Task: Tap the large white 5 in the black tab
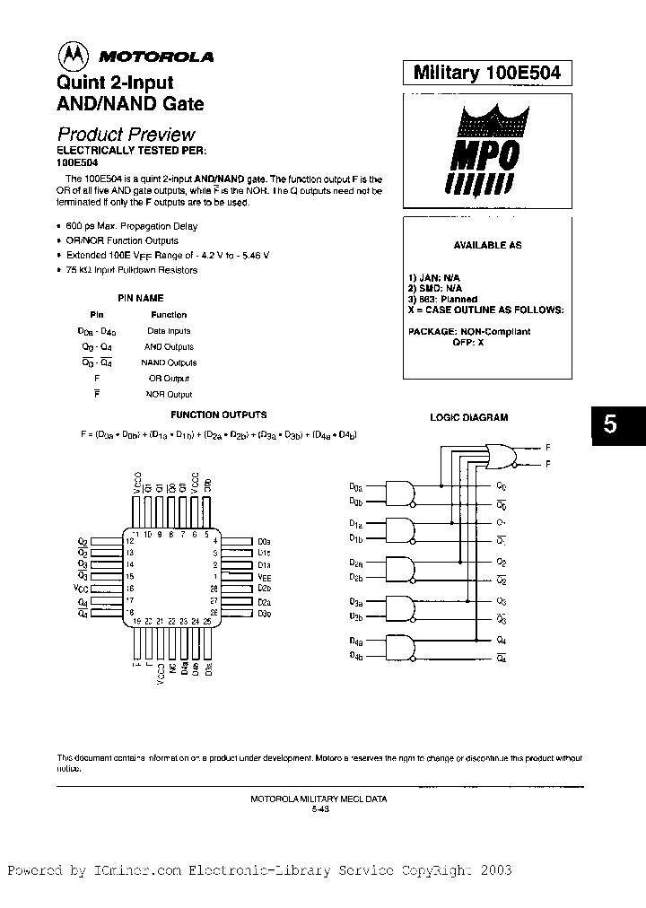point(610,425)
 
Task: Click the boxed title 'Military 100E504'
point(487,74)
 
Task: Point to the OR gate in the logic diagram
point(499,456)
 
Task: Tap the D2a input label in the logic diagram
point(356,563)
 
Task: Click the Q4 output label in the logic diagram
point(501,641)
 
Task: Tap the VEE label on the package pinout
point(264,579)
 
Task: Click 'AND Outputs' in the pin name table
point(169,346)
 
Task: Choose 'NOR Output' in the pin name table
point(169,395)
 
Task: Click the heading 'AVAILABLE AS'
point(487,246)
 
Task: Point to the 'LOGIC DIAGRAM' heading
point(468,417)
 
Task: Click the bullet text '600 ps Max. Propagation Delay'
point(131,226)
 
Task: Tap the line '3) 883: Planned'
point(442,299)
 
